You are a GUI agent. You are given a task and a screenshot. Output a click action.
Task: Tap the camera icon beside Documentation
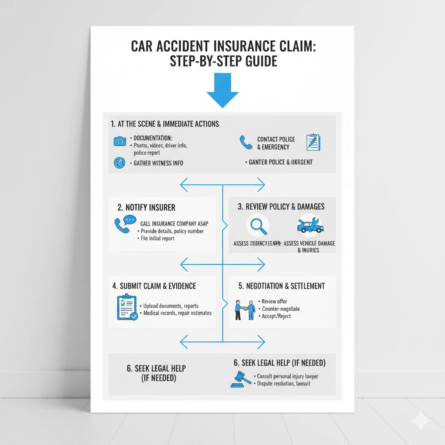pyautogui.click(x=120, y=141)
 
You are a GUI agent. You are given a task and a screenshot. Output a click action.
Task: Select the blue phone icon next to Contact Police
pyautogui.click(x=246, y=142)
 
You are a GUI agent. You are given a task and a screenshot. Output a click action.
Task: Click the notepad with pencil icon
pyautogui.click(x=313, y=142)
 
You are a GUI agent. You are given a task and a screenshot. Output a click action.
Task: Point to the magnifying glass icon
pyautogui.click(x=257, y=226)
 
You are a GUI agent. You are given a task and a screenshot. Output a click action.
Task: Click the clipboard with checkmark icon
pyautogui.click(x=127, y=307)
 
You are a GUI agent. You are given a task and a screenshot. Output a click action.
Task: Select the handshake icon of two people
pyautogui.click(x=245, y=309)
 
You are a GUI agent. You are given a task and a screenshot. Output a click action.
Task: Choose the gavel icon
pyautogui.click(x=241, y=379)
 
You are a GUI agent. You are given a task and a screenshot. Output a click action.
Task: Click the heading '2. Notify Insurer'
pyautogui.click(x=147, y=207)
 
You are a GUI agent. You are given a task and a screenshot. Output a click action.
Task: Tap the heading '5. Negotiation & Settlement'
pyautogui.click(x=282, y=286)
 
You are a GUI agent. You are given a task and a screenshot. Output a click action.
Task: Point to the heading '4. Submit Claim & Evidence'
pyautogui.click(x=154, y=286)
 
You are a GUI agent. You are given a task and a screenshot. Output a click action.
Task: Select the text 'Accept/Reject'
pyautogui.click(x=276, y=316)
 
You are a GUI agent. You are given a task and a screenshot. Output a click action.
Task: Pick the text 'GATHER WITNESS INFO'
pyautogui.click(x=158, y=163)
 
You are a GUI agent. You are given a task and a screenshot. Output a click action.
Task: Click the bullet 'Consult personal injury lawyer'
pyautogui.click(x=287, y=376)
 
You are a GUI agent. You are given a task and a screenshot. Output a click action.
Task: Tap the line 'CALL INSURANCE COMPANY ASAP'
pyautogui.click(x=174, y=223)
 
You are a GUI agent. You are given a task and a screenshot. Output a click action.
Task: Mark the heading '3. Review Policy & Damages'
pyautogui.click(x=281, y=206)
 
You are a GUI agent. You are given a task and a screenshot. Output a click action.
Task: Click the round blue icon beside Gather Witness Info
pyautogui.click(x=119, y=163)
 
